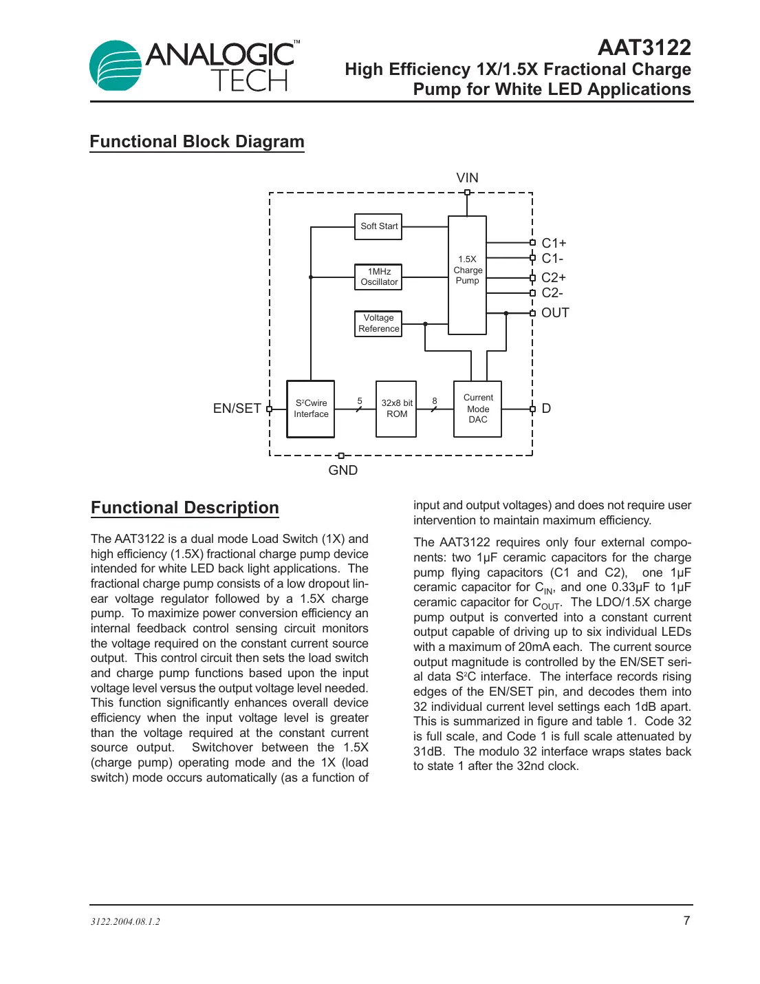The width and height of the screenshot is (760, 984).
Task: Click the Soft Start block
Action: [x=378, y=226]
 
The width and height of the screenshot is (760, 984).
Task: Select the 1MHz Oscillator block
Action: [x=378, y=277]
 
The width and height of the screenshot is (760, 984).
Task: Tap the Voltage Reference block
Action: [x=378, y=323]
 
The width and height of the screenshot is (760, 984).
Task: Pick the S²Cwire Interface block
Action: [x=311, y=409]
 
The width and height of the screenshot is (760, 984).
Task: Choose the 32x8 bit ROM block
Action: [x=396, y=409]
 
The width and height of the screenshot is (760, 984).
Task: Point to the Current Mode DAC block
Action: [x=477, y=409]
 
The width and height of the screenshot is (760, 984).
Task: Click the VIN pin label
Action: [x=467, y=178]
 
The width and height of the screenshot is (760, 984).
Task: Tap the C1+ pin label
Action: [x=554, y=243]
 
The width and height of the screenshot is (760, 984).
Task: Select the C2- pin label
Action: [x=552, y=292]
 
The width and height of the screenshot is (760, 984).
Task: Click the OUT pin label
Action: [x=555, y=313]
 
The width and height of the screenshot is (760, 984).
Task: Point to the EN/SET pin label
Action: [x=237, y=408]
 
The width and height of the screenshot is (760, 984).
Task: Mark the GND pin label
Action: [x=343, y=470]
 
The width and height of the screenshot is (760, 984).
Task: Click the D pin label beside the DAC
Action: [x=546, y=408]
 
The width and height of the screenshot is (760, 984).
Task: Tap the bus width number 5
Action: [x=360, y=400]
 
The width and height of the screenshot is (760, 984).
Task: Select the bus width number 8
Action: [x=434, y=400]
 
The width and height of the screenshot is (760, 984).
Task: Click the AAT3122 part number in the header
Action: [x=644, y=47]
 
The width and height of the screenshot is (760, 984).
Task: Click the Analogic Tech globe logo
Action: [x=115, y=65]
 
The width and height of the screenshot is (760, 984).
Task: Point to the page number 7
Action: [x=686, y=921]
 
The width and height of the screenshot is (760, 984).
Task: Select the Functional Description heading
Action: [x=185, y=508]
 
